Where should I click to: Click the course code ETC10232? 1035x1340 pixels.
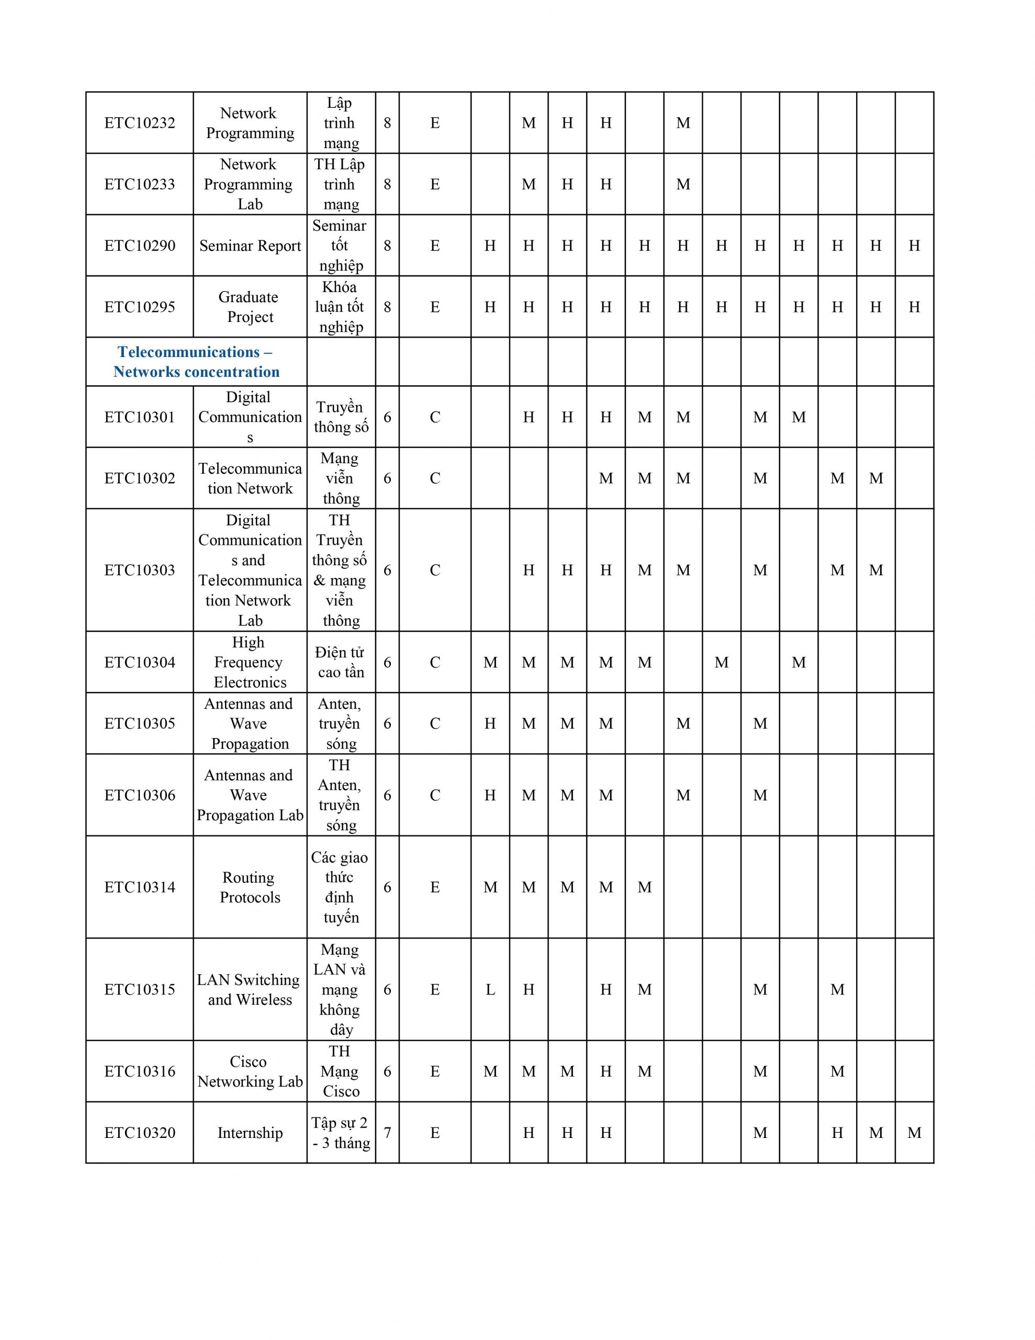coord(140,122)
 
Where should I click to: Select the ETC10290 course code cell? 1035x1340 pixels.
coord(140,245)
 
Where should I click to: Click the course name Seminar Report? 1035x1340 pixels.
coord(250,245)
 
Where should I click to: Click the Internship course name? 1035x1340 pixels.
coord(250,1133)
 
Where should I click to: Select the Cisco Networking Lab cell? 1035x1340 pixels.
coord(250,1071)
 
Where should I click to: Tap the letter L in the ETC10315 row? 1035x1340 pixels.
coord(490,989)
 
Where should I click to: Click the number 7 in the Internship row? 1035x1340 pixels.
coord(387,1133)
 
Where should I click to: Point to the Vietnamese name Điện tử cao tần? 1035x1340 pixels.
coord(341,662)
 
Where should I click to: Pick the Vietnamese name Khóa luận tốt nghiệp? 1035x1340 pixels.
coord(341,307)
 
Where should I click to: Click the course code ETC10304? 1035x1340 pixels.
coord(140,662)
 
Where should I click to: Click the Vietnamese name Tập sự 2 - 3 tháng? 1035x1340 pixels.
coord(341,1133)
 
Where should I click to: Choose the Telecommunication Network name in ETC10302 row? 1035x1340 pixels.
coord(250,478)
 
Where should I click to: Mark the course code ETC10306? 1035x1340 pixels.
coord(140,795)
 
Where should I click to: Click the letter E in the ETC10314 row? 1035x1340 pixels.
coord(435,887)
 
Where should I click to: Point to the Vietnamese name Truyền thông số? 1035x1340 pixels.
coord(341,417)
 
